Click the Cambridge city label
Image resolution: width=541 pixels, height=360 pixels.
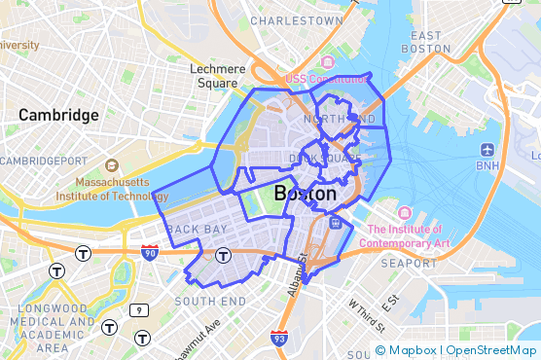pyautogui.click(x=58, y=115)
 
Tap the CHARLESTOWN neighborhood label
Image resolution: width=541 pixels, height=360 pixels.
pyautogui.click(x=297, y=19)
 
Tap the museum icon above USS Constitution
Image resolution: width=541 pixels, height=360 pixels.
pyautogui.click(x=327, y=62)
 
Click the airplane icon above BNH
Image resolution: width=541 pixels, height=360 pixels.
pyautogui.click(x=487, y=151)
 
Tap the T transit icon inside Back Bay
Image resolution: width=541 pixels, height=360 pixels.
pyautogui.click(x=223, y=256)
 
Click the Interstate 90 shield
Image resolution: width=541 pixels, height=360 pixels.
pyautogui.click(x=150, y=253)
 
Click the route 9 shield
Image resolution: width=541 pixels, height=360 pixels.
pyautogui.click(x=140, y=309)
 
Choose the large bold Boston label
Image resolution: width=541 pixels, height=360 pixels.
pyautogui.click(x=306, y=194)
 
